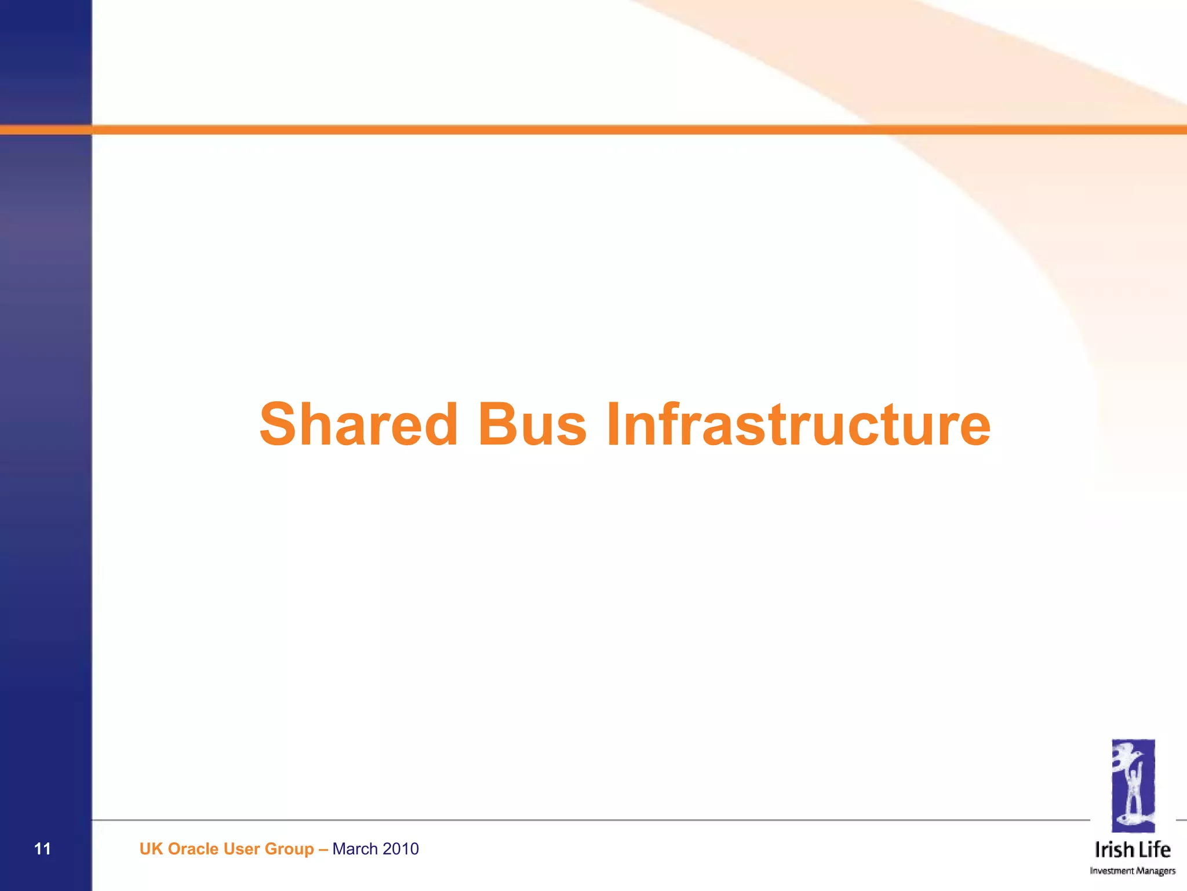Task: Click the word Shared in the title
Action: click(x=359, y=424)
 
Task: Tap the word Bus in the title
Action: click(x=531, y=424)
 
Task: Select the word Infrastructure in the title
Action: click(x=798, y=424)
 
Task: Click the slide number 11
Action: click(x=42, y=849)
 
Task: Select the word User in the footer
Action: click(x=241, y=849)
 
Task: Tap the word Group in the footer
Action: click(x=289, y=850)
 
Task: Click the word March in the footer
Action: click(x=355, y=849)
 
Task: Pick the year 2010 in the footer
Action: click(x=400, y=849)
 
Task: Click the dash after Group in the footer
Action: click(x=323, y=849)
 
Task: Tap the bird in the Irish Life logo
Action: click(x=1127, y=757)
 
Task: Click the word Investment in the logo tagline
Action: click(x=1111, y=871)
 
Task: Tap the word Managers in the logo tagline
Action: click(x=1155, y=871)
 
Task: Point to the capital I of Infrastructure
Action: click(x=613, y=424)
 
